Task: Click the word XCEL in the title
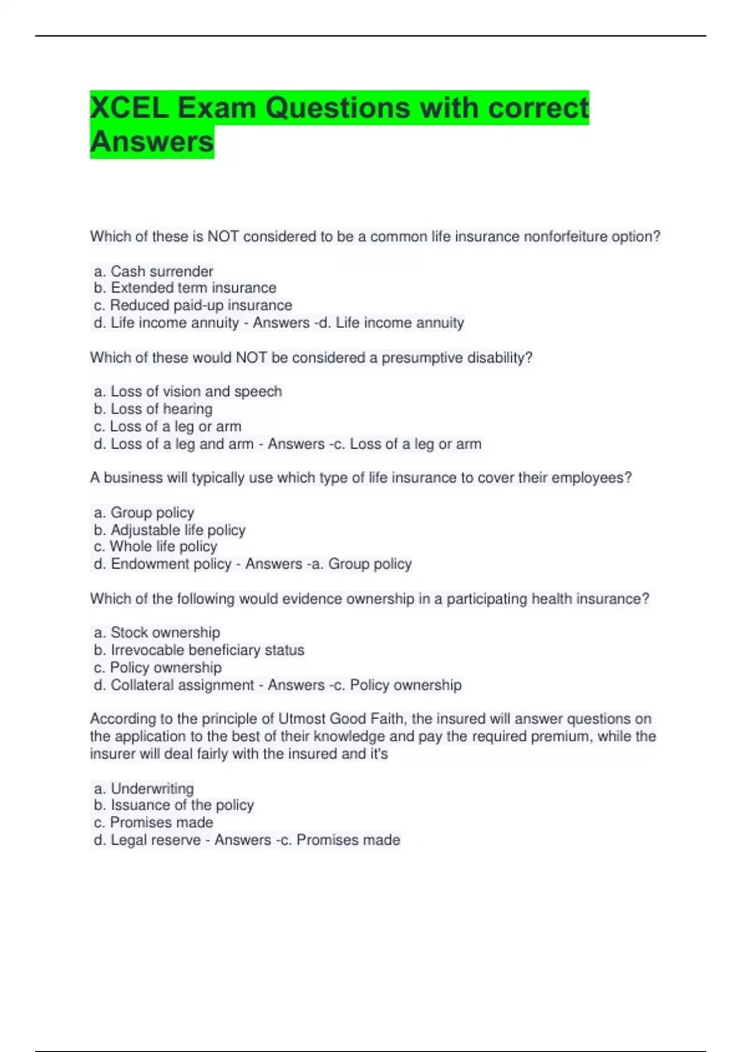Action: pos(129,108)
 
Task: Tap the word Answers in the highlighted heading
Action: pos(151,142)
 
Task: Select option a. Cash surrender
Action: pos(153,271)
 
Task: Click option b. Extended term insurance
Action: pos(185,288)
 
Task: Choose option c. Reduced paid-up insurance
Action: pos(193,305)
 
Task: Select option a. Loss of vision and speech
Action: pos(188,391)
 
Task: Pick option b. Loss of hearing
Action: pos(153,408)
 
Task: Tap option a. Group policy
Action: pos(144,512)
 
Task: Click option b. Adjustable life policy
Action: pos(169,530)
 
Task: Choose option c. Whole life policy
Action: pos(155,546)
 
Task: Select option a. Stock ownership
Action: pos(157,632)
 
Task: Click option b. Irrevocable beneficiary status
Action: pos(199,650)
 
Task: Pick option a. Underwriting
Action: pos(144,788)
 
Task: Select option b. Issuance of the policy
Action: pos(174,805)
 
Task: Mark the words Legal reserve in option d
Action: pos(155,840)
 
